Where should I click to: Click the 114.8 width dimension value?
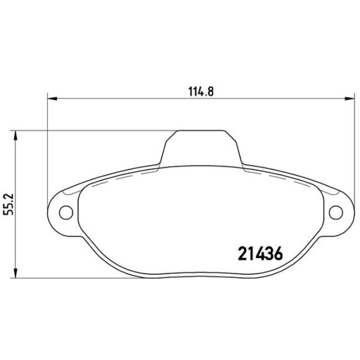pos(200,92)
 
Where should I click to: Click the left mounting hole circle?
pos(65,212)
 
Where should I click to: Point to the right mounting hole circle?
pos(335,212)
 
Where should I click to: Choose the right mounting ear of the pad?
pos(337,212)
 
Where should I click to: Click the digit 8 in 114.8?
pos(210,92)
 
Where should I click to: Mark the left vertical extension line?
pos(48,150)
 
